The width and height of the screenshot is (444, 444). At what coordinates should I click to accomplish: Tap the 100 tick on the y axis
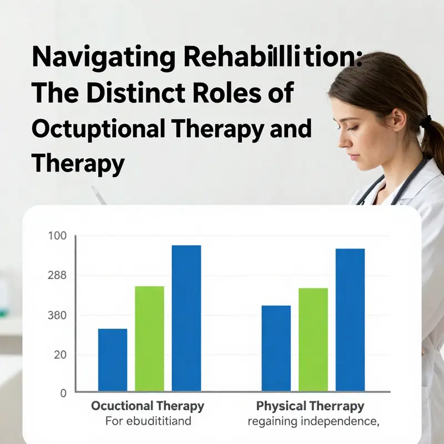(58, 236)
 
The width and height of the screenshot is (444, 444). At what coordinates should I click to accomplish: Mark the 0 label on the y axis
(63, 393)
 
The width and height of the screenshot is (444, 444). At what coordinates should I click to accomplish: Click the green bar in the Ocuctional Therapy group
(149, 338)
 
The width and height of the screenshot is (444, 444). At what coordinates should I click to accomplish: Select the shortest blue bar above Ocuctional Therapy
(113, 359)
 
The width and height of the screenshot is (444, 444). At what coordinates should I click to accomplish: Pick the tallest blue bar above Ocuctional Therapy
(186, 317)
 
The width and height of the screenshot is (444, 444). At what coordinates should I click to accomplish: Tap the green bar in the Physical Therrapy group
(313, 339)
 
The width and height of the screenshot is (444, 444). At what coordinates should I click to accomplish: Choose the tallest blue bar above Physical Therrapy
(350, 319)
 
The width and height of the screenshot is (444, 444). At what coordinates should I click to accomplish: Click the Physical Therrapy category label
(310, 406)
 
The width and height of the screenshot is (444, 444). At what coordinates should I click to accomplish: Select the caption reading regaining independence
(314, 421)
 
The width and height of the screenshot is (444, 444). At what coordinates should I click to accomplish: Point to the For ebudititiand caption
(148, 421)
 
